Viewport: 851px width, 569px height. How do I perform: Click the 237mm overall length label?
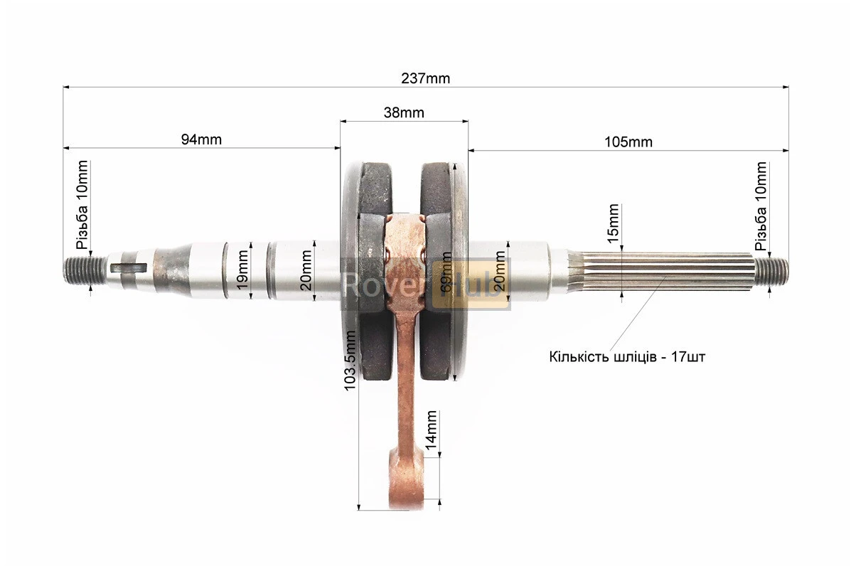[x=425, y=78]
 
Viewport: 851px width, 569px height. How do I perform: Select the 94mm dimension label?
[x=200, y=140]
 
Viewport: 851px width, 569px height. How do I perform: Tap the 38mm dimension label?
[x=403, y=112]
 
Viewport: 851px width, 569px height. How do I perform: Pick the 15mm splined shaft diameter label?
[x=614, y=223]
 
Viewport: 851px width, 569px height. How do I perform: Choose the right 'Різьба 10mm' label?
[x=761, y=207]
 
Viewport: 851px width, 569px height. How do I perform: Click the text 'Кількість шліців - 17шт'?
[x=627, y=356]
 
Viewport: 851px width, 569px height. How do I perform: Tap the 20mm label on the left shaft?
[x=306, y=270]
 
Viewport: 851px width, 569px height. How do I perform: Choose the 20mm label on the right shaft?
[x=501, y=270]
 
